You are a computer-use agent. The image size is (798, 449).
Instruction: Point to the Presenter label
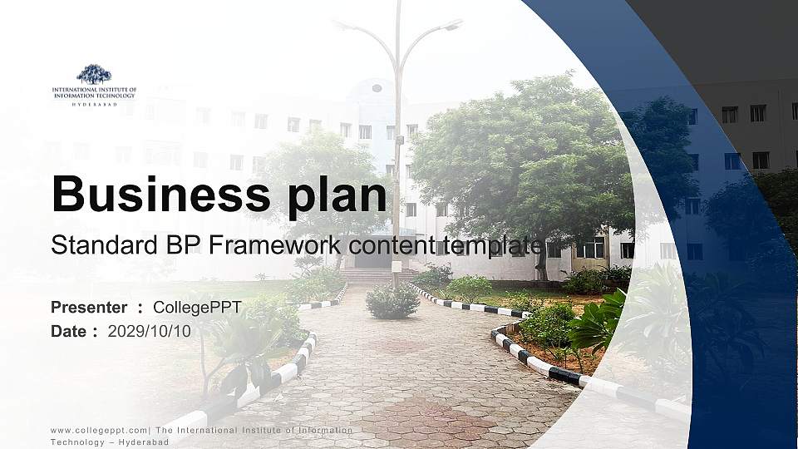(x=89, y=308)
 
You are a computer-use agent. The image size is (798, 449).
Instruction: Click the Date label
(x=68, y=331)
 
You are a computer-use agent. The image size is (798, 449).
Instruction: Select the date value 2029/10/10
(x=150, y=331)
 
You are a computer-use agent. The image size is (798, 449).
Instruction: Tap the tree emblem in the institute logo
(x=94, y=74)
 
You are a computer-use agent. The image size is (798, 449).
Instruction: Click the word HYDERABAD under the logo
(x=94, y=104)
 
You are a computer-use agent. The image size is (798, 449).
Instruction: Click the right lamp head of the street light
(x=452, y=26)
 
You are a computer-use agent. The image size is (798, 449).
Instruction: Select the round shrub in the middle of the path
(x=392, y=301)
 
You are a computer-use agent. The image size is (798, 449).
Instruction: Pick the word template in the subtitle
(x=494, y=245)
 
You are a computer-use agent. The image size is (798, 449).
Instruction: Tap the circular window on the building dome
(x=377, y=88)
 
